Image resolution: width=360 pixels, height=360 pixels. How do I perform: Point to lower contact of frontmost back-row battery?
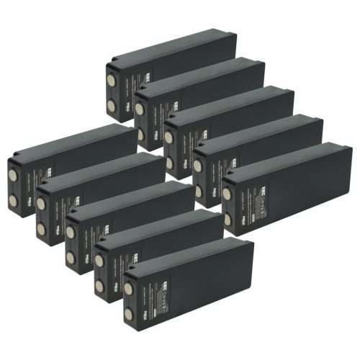tap(228, 220)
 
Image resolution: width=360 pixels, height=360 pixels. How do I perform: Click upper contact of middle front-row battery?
tap(70, 231)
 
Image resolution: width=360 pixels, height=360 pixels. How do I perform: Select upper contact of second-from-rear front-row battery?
tap(41, 204)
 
